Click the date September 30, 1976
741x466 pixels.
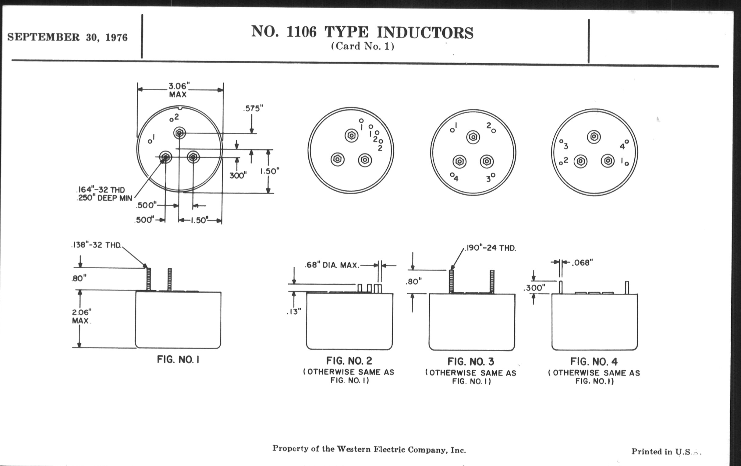coord(67,37)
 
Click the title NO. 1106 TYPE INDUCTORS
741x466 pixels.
coord(362,32)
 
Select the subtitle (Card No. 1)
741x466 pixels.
coord(363,46)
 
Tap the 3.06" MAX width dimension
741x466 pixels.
coord(178,90)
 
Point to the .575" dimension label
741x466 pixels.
coord(253,108)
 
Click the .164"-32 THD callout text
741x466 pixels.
coord(100,190)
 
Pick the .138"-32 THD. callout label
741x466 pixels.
coord(97,245)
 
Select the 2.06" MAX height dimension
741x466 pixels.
coord(82,316)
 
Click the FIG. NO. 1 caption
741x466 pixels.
coord(178,359)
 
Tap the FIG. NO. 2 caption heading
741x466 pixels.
coord(349,361)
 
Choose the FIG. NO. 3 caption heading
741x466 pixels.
coord(471,362)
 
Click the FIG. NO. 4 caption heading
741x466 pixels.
coord(594,362)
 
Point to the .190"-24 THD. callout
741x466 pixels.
coord(490,248)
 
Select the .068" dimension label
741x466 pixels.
coord(582,262)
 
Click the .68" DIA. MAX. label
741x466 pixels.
coord(332,265)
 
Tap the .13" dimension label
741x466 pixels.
coord(294,312)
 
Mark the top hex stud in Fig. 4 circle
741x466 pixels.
coord(594,136)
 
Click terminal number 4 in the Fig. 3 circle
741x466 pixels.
coord(456,179)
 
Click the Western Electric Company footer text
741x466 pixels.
coord(369,449)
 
